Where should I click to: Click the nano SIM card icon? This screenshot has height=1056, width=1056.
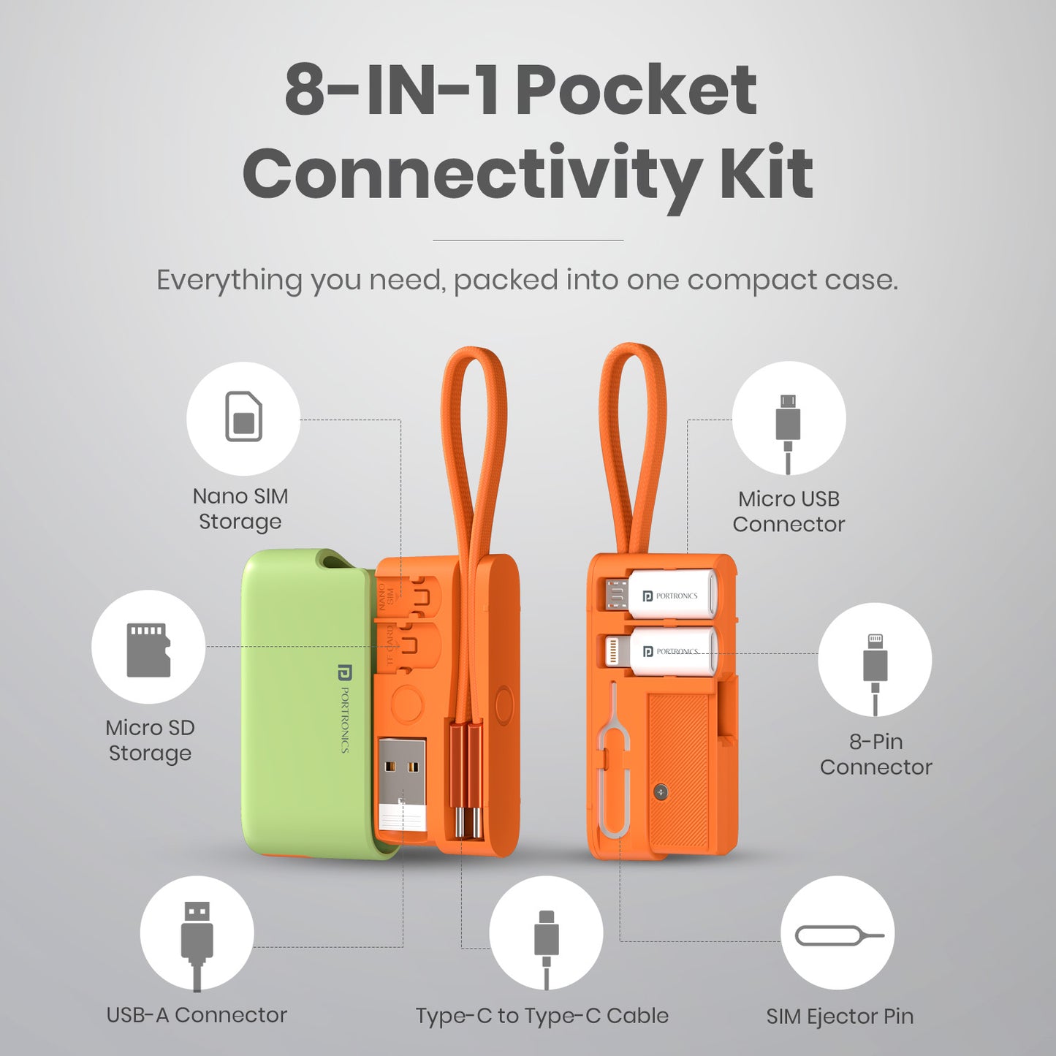(x=244, y=417)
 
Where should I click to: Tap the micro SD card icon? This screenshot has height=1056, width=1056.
(x=148, y=650)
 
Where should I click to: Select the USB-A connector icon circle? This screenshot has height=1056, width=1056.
(x=197, y=932)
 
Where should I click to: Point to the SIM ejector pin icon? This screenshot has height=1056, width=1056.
(x=839, y=936)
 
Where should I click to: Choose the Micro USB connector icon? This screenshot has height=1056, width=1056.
(x=788, y=433)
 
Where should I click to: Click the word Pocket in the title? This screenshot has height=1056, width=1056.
(x=636, y=89)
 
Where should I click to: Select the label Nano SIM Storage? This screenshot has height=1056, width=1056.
(x=240, y=509)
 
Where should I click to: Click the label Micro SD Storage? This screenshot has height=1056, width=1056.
(x=150, y=740)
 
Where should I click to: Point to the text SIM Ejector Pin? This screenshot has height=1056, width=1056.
(x=840, y=1017)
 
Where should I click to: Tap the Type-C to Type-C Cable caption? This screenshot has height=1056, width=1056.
(x=542, y=1016)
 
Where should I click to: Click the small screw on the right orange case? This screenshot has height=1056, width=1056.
(x=661, y=791)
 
